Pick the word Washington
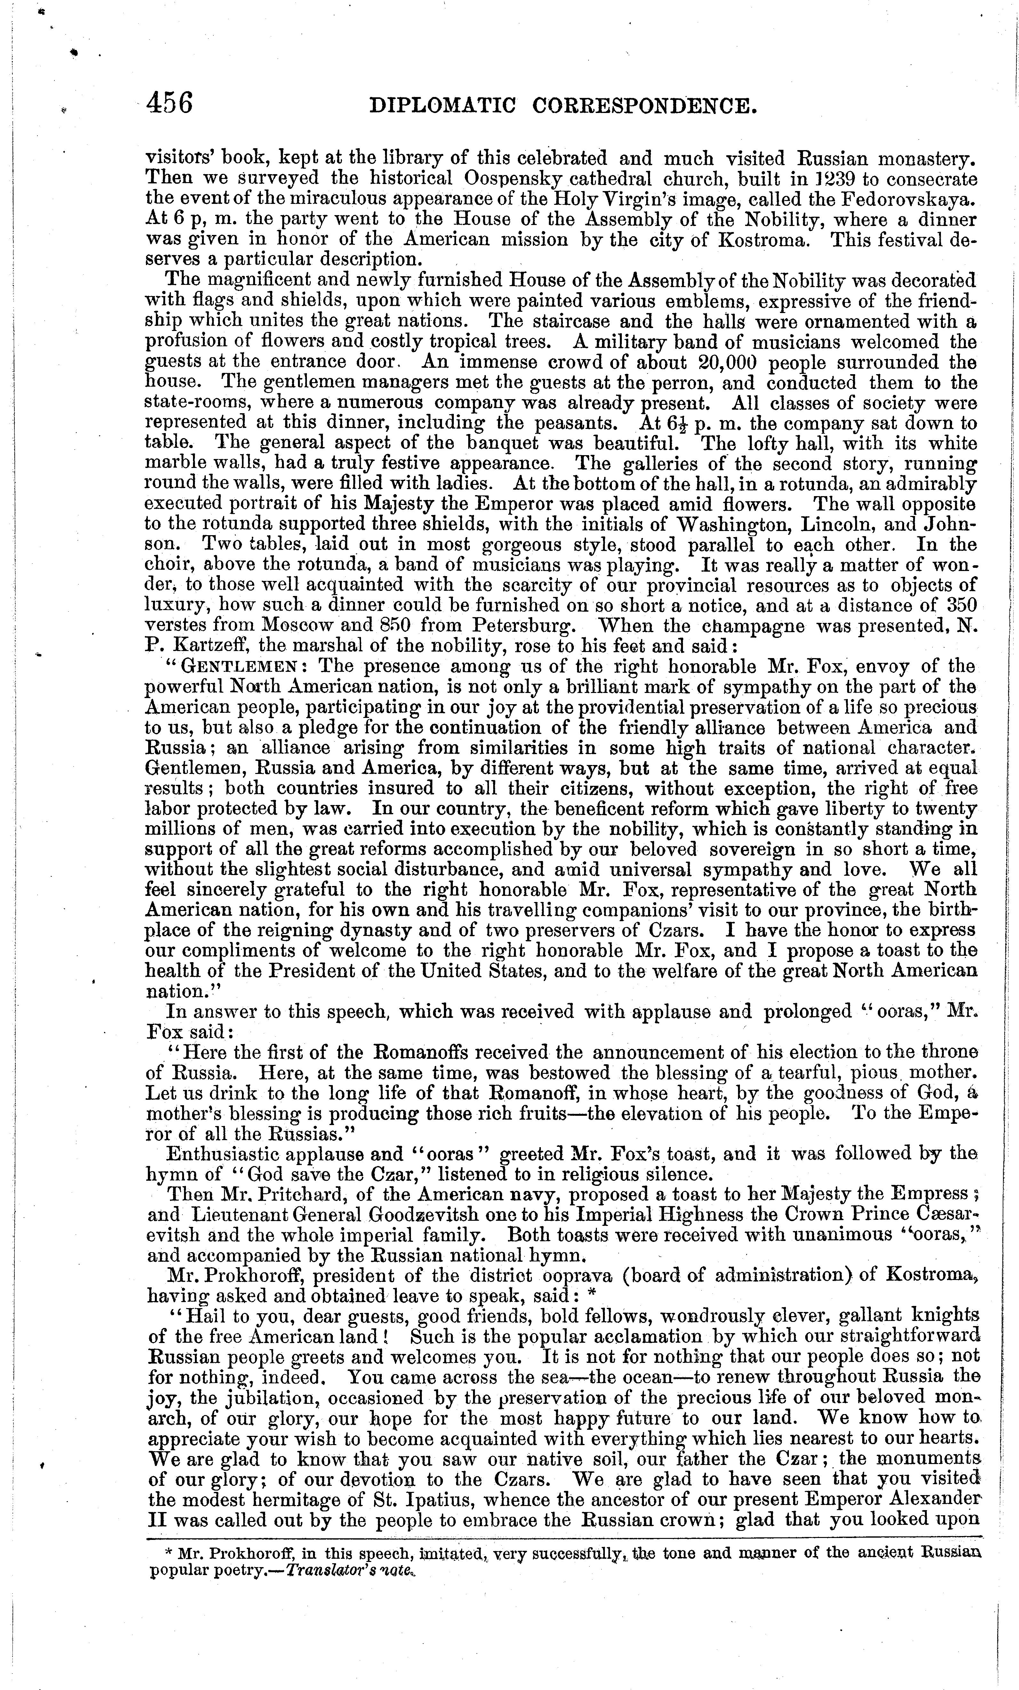click(x=741, y=525)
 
